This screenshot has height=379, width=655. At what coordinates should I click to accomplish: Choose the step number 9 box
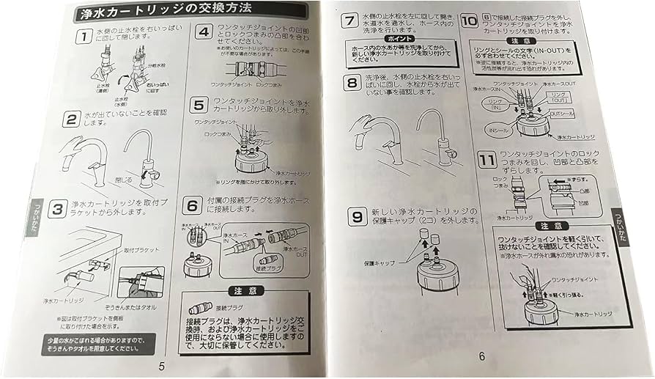click(355, 217)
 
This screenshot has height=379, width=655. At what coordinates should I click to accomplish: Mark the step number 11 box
click(484, 158)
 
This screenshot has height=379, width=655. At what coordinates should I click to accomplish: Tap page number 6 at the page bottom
click(481, 356)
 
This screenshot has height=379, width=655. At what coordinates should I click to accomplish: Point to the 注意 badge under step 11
click(552, 226)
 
